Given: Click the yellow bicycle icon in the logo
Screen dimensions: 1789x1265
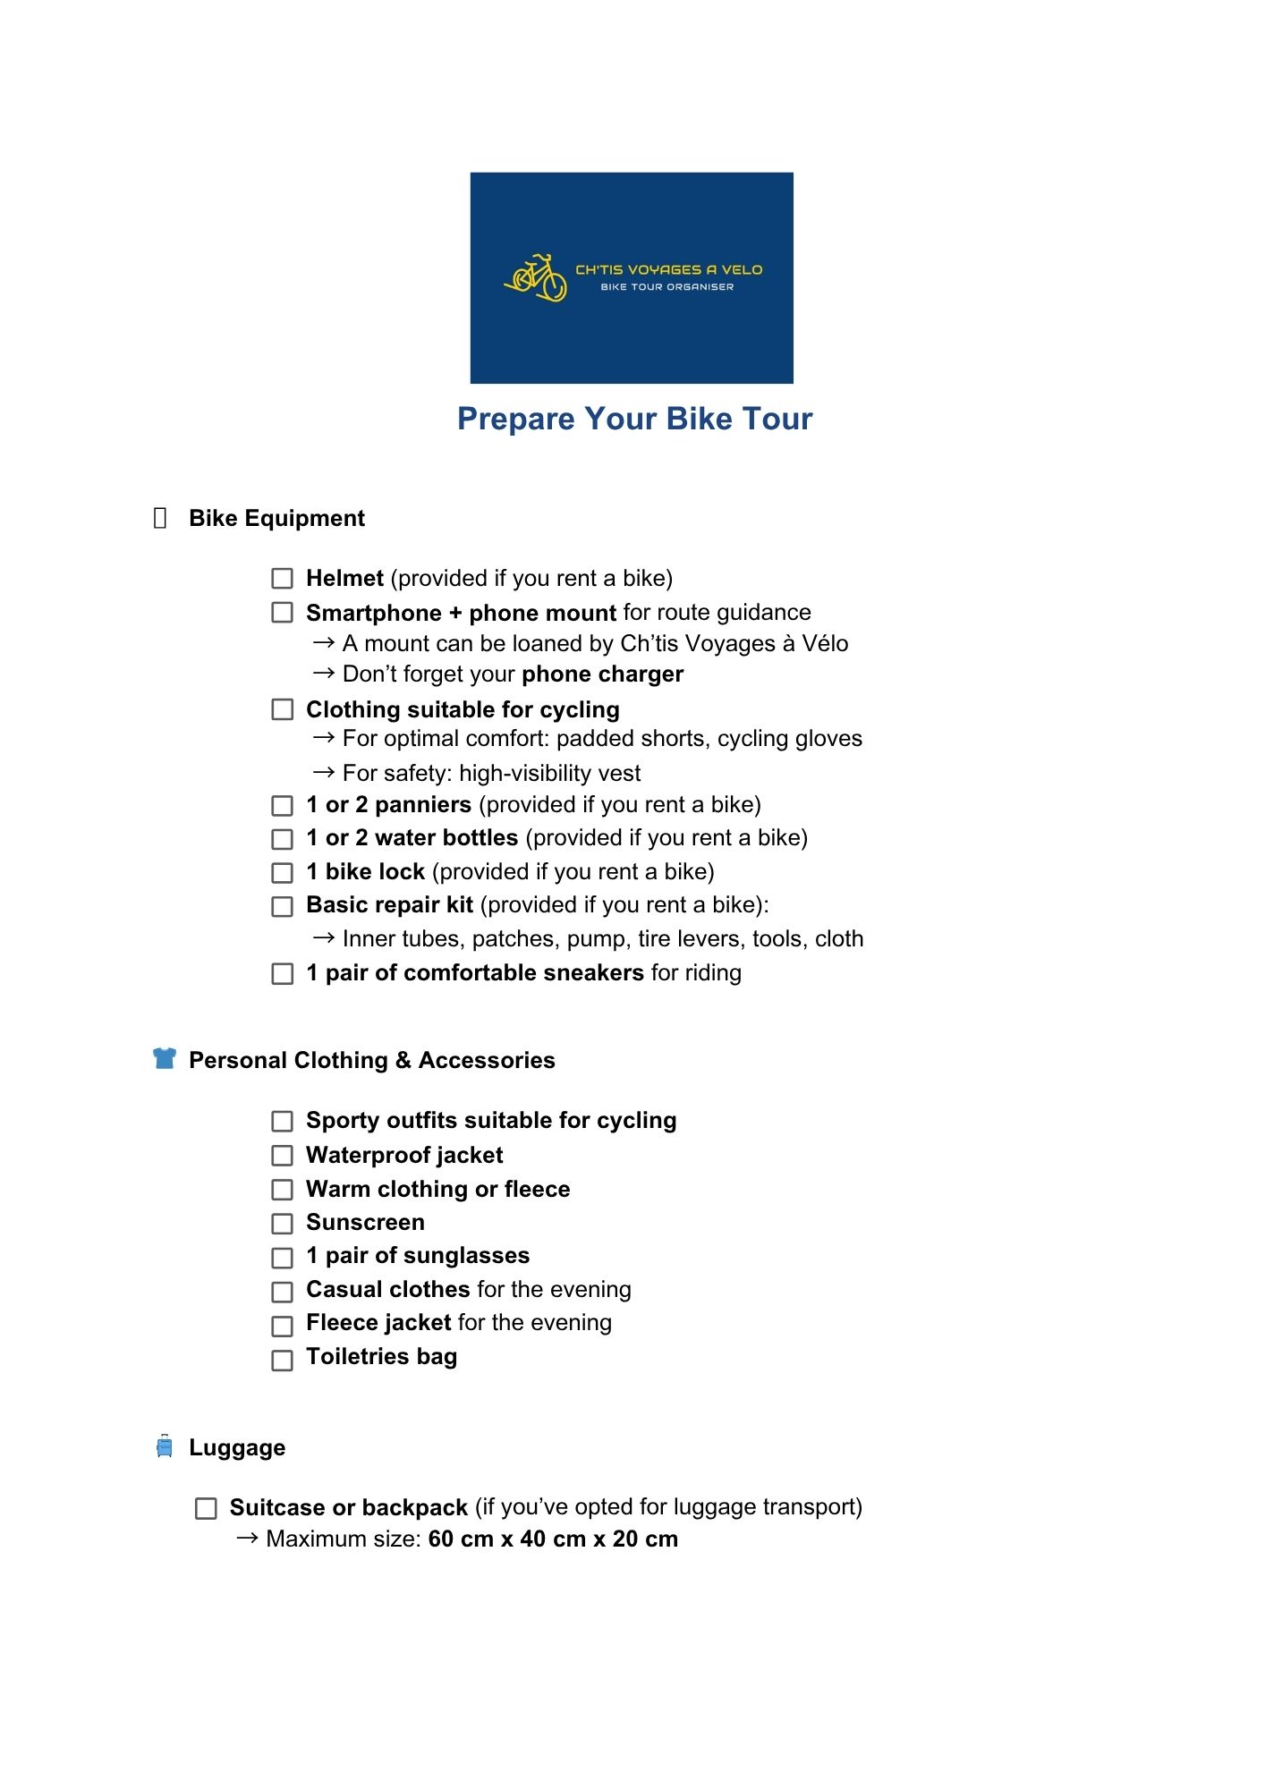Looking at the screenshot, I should point(536,277).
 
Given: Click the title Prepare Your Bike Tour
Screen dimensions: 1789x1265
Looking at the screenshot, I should point(634,419).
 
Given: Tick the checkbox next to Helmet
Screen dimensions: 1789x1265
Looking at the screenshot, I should point(282,579).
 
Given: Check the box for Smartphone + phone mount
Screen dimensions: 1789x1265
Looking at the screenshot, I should point(282,613).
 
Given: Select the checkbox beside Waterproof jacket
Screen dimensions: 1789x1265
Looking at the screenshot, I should point(282,1156).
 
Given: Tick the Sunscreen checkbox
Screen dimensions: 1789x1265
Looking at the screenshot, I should point(282,1223).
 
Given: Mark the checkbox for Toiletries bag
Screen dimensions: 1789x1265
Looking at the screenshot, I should point(282,1360).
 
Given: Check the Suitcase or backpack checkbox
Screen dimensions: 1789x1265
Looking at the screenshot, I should point(206,1509).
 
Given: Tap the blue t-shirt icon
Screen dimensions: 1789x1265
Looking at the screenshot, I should point(165,1058).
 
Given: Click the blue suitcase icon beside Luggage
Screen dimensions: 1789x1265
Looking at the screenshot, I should point(165,1446).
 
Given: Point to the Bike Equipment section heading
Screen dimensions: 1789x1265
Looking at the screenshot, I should point(276,519).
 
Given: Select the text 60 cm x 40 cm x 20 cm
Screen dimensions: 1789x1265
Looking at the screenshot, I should point(553,1539).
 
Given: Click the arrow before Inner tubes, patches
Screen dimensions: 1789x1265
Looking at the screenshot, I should point(324,938).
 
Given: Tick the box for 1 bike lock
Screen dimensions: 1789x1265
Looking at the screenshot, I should point(282,873).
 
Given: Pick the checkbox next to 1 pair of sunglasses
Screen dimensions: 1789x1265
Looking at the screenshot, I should point(282,1258).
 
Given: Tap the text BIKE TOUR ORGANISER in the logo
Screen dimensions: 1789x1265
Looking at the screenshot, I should point(666,287).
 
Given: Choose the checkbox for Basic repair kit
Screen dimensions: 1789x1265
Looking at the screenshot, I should point(282,907).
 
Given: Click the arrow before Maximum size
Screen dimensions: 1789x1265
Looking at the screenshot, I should point(248,1539).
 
